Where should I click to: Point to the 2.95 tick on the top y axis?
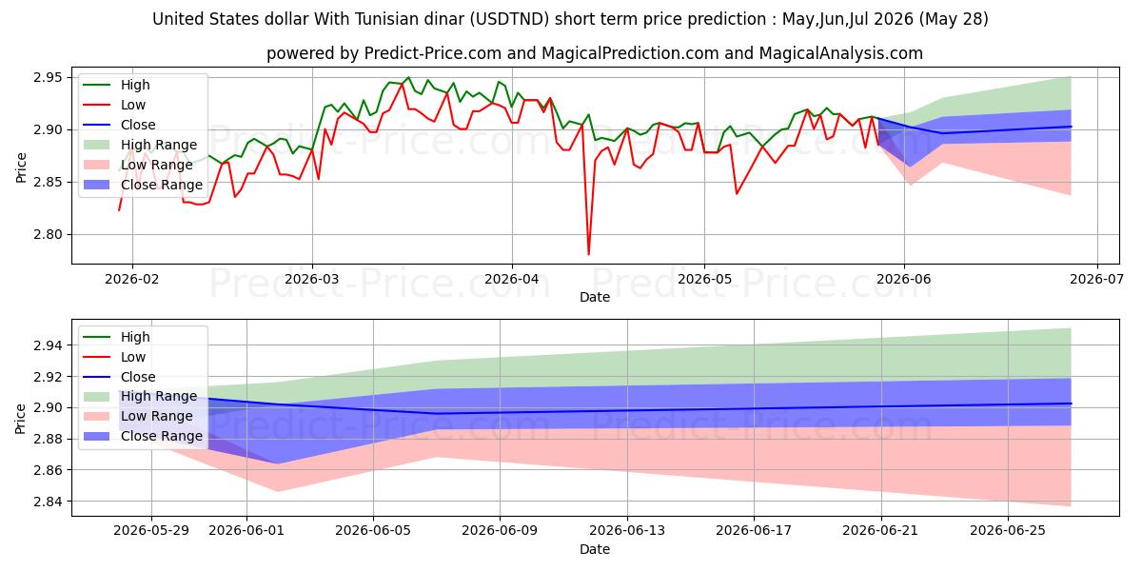coord(48,77)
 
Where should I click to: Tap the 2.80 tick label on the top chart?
coord(48,234)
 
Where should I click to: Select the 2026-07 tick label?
coord(1096,280)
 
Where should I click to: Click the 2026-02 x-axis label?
coord(132,280)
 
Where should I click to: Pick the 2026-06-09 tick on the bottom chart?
coord(500,531)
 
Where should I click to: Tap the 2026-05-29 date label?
coord(151,531)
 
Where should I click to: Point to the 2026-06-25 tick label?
coord(1008,531)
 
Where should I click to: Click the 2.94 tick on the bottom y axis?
coord(48,345)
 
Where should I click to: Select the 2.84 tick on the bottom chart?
coord(48,502)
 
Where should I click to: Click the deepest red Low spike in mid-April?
coord(589,254)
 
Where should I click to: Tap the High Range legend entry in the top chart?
coord(140,145)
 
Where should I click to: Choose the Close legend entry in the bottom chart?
coord(119,377)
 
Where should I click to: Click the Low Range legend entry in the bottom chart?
coord(138,416)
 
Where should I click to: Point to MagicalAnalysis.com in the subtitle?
coord(840,53)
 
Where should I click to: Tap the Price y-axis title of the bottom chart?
coord(20,419)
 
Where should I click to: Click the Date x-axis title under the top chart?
coord(595,297)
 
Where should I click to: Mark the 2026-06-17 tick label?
coord(754,531)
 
